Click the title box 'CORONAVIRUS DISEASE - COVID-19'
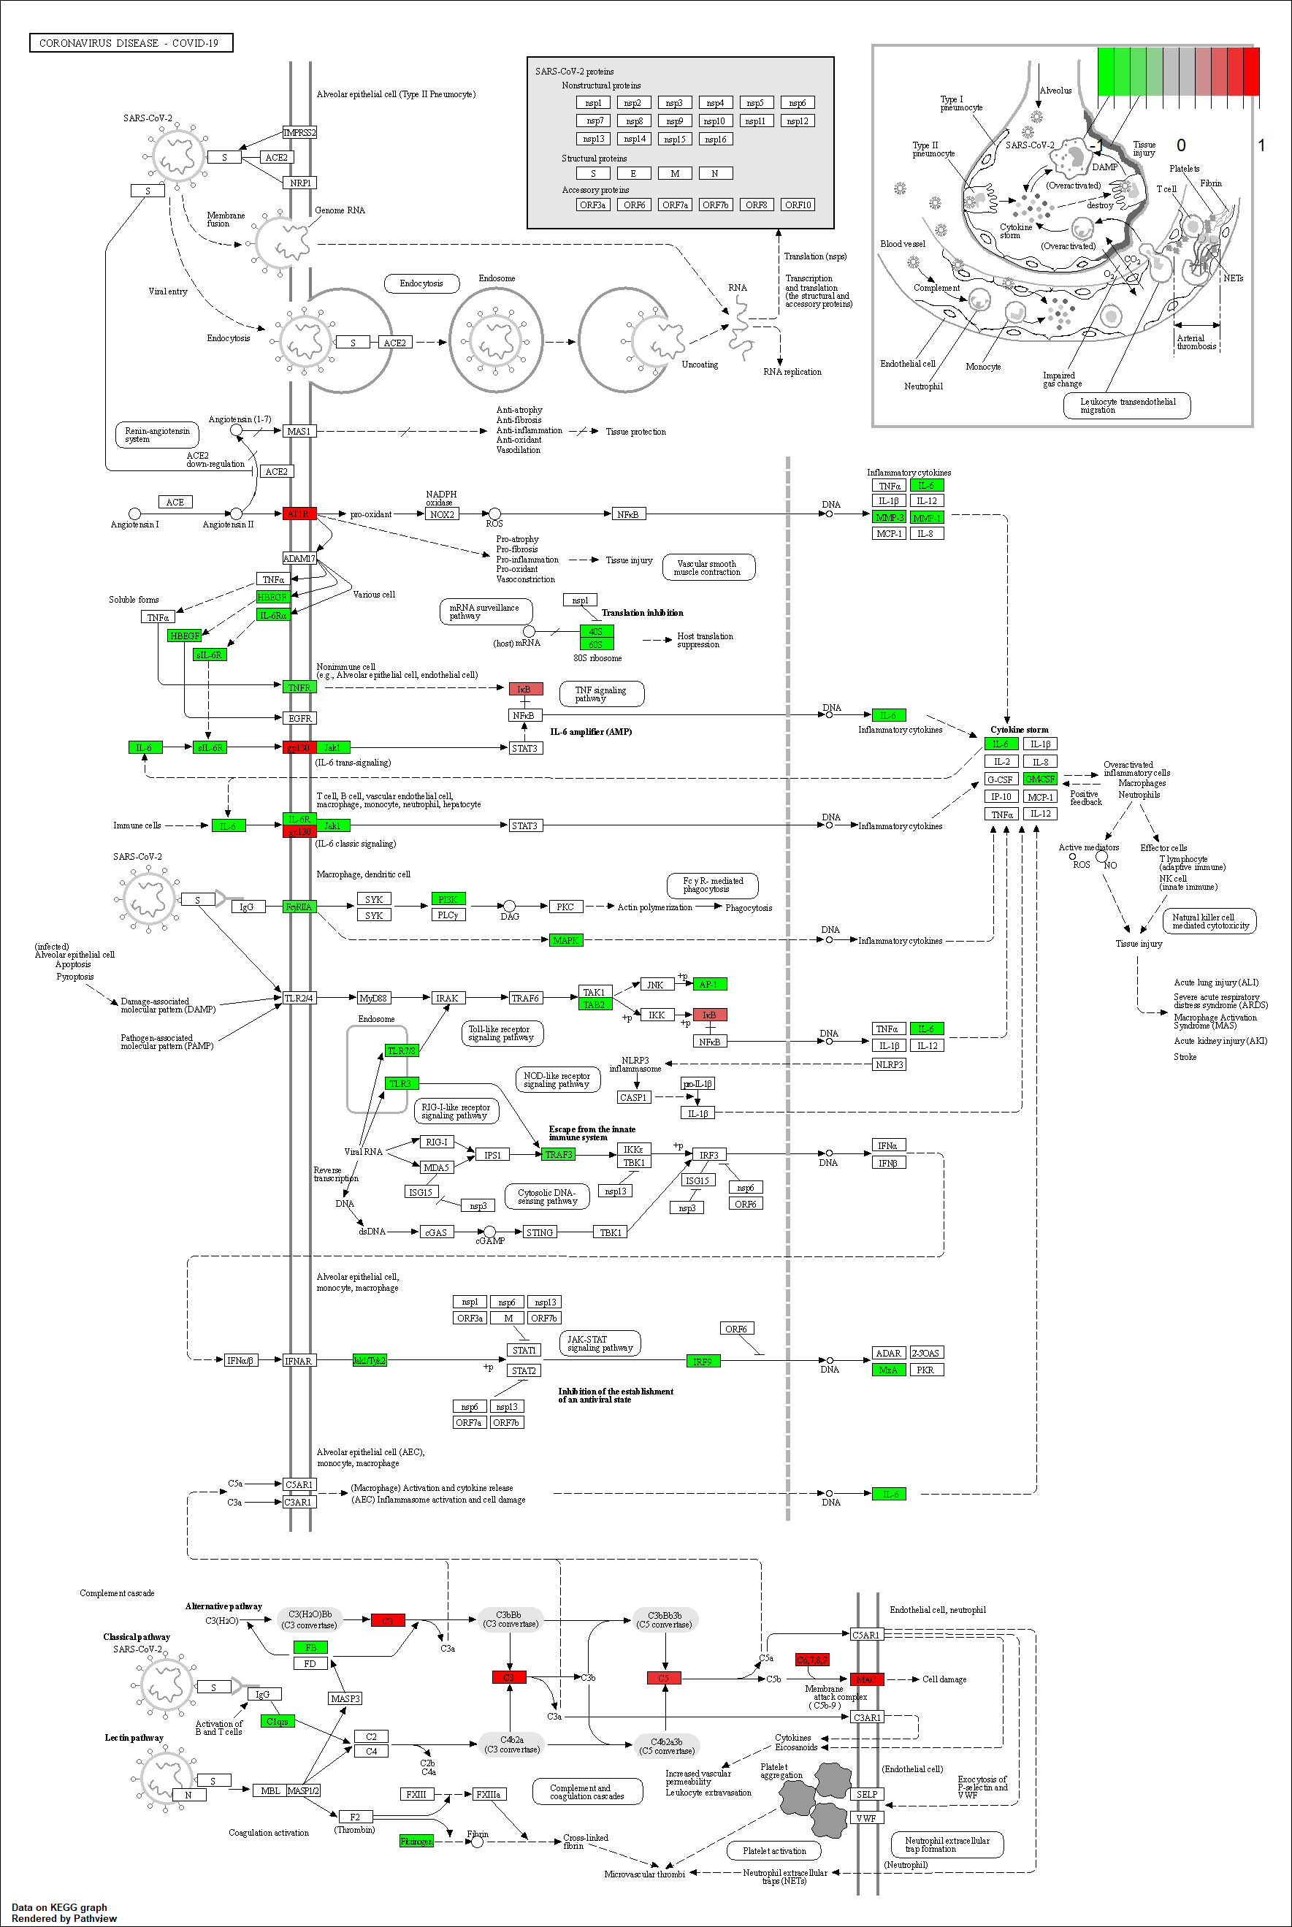(130, 43)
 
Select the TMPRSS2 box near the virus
(299, 133)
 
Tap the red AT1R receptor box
(298, 514)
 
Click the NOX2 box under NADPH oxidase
(442, 515)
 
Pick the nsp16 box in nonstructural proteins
(715, 140)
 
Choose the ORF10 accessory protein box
(797, 205)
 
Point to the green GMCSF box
(1039, 779)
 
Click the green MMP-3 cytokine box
(888, 518)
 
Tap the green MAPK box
(565, 941)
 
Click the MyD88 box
(373, 999)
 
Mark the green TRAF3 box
(558, 1155)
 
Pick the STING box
(540, 1232)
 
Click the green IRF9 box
(702, 1362)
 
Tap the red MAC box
(866, 1679)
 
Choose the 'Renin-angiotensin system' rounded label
(156, 435)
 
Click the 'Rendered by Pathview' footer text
(64, 1919)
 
